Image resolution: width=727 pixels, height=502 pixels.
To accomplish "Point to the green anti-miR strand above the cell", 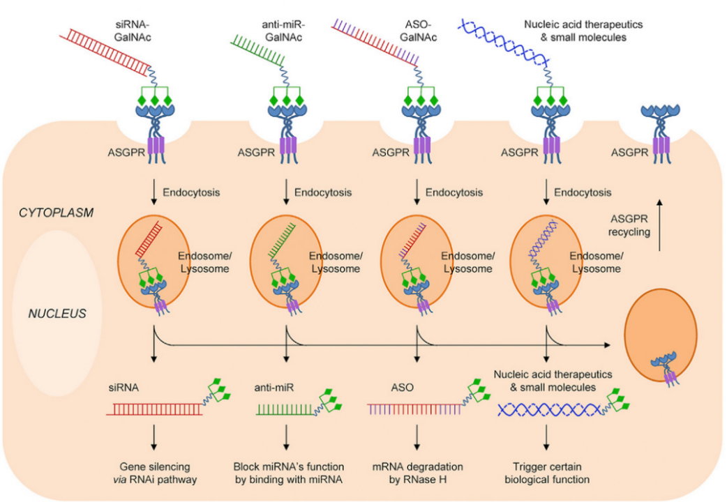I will click(x=257, y=50).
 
